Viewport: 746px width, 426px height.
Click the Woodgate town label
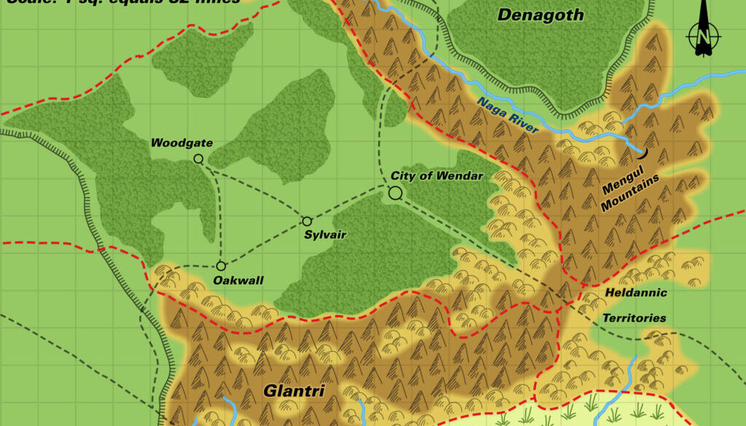click(181, 143)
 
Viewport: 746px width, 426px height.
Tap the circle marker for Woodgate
click(198, 159)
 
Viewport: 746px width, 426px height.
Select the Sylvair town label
click(325, 234)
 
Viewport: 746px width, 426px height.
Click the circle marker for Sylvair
click(307, 221)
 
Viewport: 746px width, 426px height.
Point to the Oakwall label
click(238, 280)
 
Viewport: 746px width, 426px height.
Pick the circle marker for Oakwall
click(221, 266)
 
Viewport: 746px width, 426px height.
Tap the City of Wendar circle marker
click(396, 193)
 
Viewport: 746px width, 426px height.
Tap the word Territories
click(634, 318)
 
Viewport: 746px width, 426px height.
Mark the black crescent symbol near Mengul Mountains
click(642, 152)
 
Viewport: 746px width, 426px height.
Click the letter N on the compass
click(702, 36)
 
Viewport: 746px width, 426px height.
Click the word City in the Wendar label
click(403, 176)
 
